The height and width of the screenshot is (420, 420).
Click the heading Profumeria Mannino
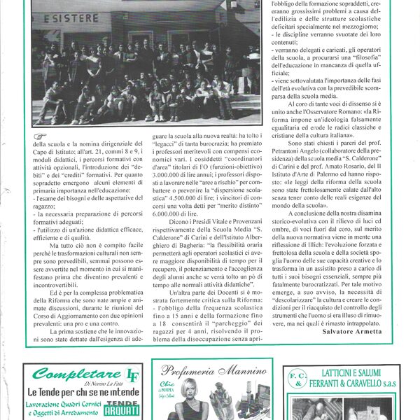click(208, 372)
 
